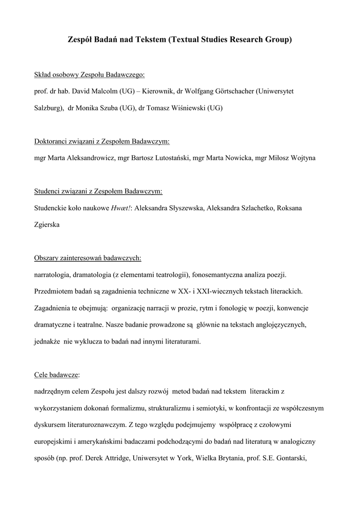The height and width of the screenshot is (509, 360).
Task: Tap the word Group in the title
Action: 279,39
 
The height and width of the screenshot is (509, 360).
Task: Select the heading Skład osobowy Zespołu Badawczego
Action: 90,75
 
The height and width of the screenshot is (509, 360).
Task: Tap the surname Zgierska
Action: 47,225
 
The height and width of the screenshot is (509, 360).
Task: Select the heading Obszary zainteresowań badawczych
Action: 88,258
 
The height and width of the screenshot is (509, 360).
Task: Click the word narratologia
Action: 52,275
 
